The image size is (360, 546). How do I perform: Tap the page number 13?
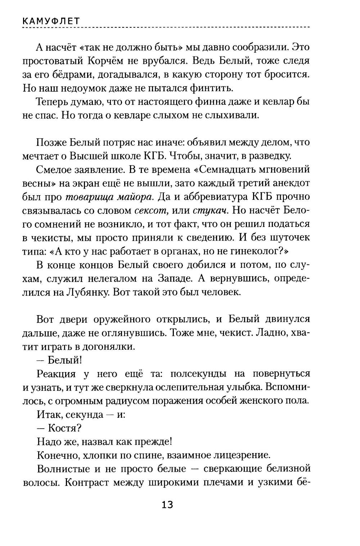tap(167, 505)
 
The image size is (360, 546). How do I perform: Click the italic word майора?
tap(138, 197)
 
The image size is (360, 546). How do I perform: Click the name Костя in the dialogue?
tap(64, 428)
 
